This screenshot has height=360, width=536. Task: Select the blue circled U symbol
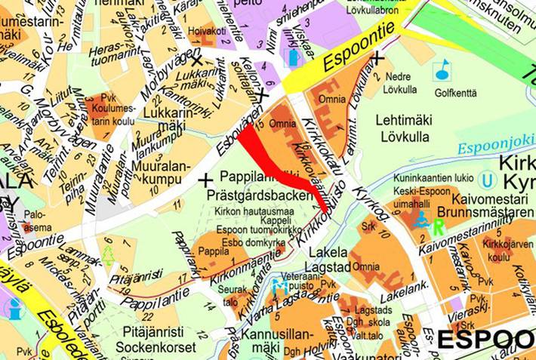tap(488, 180)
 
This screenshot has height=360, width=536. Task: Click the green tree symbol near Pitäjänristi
tap(108, 255)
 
